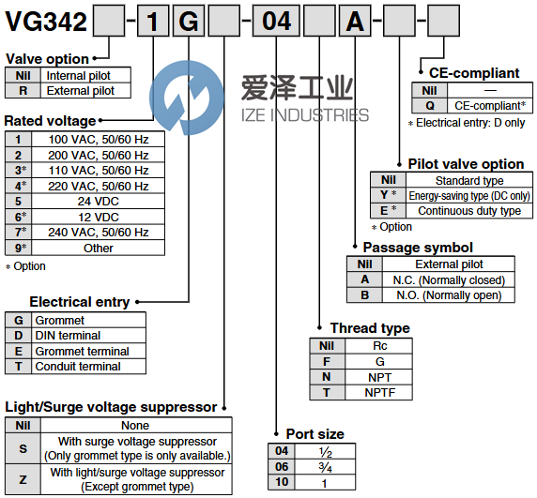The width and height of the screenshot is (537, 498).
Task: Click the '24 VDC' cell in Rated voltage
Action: point(98,202)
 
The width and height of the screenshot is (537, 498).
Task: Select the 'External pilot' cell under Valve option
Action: point(85,91)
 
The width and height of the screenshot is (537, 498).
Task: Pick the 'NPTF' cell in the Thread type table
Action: point(378,393)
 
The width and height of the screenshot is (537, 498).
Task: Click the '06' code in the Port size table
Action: point(282,467)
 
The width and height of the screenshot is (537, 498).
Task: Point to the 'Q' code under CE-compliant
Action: point(429,106)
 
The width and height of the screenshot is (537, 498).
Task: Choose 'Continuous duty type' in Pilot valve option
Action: point(469,211)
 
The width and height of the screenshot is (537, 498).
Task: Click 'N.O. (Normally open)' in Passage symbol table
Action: point(449,295)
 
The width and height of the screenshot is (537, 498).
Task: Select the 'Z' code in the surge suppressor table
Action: point(23,479)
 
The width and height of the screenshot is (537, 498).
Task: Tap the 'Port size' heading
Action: point(315,434)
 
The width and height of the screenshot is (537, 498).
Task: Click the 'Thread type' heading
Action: point(370,328)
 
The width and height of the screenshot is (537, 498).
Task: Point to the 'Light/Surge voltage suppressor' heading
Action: point(111,407)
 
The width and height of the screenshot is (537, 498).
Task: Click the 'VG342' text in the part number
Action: point(46,22)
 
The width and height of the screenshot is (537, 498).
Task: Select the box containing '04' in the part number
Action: point(276,21)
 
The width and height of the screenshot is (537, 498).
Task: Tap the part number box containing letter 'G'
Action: point(189,21)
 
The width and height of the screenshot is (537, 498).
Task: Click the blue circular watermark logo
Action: point(187,98)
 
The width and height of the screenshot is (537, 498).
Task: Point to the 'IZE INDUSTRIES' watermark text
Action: point(305,115)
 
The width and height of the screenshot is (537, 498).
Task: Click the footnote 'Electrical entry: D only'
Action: point(467,123)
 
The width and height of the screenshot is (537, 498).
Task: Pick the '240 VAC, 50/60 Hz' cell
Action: point(98,233)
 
